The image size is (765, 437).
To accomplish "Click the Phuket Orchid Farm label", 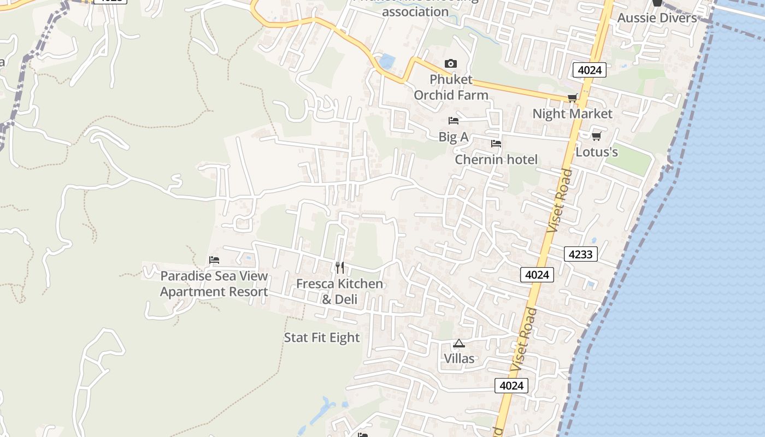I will pos(451,87).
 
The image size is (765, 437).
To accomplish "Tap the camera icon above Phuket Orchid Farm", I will pos(451,64).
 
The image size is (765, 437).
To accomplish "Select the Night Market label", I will pos(572,114).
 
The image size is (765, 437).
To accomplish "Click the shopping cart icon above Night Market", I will pos(572,98).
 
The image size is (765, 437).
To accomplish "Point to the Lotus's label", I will pos(597,152).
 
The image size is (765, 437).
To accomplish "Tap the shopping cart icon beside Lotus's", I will pos(596,136).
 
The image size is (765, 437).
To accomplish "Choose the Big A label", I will pos(454,137).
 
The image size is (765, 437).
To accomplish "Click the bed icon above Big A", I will pos(453,121).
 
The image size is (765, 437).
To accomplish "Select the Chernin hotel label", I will pos(496,160).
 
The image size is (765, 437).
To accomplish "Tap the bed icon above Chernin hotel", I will pos(496,144).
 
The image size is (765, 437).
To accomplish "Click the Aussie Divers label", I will pos(657,17).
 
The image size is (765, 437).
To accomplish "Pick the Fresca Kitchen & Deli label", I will pos(339,291).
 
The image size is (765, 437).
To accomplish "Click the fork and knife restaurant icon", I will pos(340,268).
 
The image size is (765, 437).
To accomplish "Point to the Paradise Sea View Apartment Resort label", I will pos(214,284).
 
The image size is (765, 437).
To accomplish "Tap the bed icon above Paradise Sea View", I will pos(214,260).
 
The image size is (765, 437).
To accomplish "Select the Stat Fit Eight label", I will pos(322,338).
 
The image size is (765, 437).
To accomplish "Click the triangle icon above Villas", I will pos(459,344).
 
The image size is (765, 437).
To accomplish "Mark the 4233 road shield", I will pos(580,254).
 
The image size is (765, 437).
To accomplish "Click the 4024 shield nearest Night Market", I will pos(590,70).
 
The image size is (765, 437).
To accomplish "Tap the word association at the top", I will pos(415,11).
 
